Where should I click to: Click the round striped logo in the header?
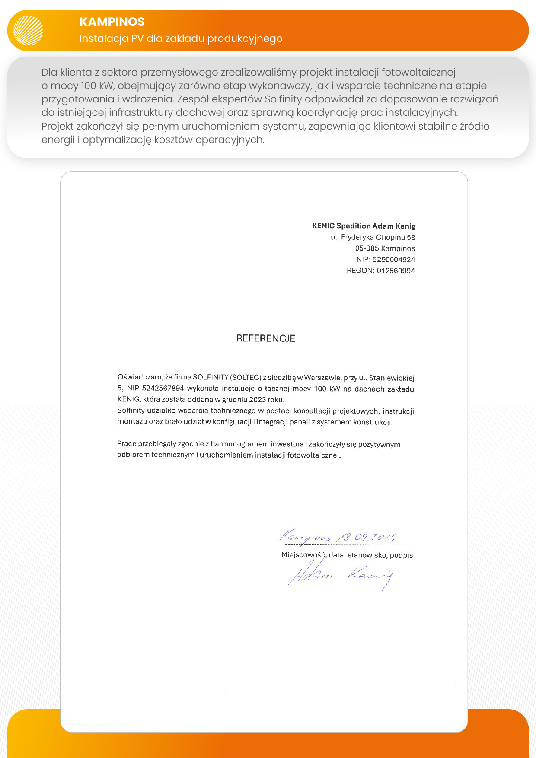pos(29,30)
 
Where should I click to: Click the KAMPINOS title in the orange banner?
pos(112,22)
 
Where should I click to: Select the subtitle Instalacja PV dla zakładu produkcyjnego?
pos(181,38)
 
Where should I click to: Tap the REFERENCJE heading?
pos(265,338)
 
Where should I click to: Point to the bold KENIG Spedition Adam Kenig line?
pos(364,226)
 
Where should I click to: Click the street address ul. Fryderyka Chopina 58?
pos(373,237)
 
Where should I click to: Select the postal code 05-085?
pos(367,248)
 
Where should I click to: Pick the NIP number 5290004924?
pos(393,260)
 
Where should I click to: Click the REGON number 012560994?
pos(396,271)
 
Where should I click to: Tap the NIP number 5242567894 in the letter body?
pos(163,389)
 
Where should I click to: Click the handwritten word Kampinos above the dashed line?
pos(305,537)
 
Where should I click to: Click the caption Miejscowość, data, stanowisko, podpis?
pos(347,555)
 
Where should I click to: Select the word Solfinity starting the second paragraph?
pos(131,411)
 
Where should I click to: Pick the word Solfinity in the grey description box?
pos(283,99)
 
